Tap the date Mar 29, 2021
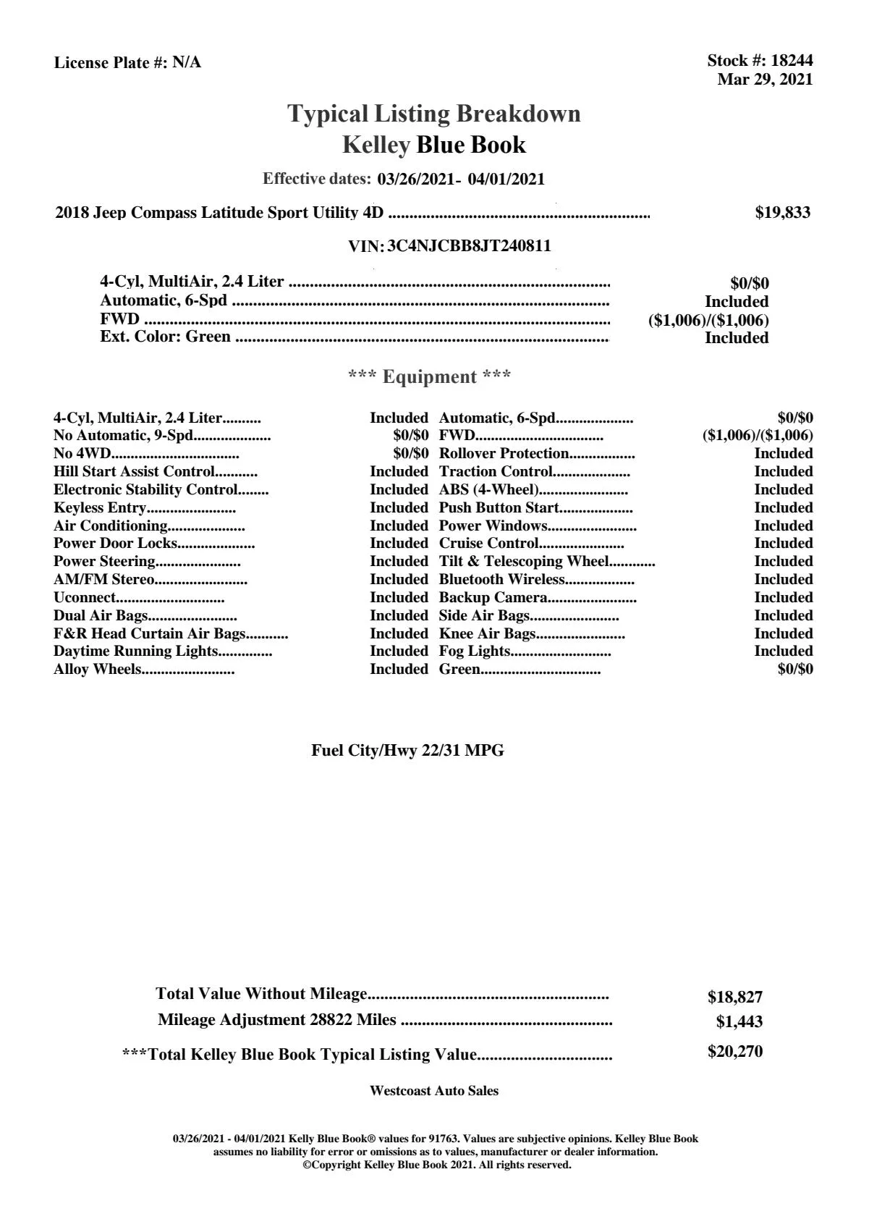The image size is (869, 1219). (765, 80)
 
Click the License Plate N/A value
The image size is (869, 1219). (187, 63)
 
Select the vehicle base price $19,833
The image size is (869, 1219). (783, 213)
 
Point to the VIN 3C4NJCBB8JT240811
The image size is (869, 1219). (469, 246)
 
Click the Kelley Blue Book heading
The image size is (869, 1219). (434, 145)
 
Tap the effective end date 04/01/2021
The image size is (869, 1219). (506, 179)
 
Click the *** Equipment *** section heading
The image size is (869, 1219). (430, 377)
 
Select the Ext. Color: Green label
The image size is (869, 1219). (165, 337)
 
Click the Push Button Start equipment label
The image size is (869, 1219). (499, 508)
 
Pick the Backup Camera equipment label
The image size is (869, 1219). (493, 598)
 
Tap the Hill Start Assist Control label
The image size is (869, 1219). (134, 472)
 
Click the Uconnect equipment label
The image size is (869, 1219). (84, 598)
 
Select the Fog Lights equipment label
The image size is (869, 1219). (475, 651)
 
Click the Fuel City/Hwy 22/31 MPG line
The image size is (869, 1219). (407, 751)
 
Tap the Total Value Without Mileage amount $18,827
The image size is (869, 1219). (734, 997)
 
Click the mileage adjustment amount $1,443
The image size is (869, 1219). (739, 1022)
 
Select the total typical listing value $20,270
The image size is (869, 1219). (734, 1052)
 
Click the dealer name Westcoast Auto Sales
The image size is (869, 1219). (433, 1091)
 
